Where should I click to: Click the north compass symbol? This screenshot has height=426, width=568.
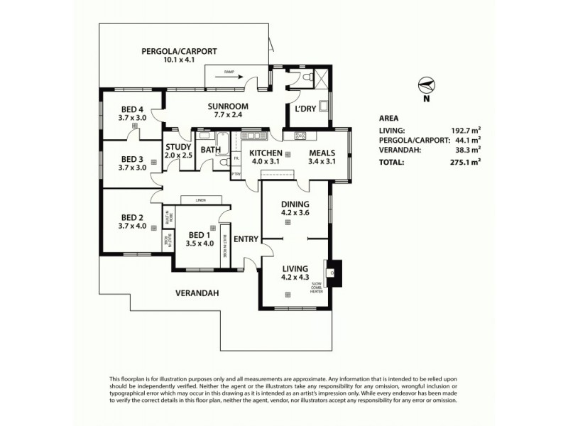point(426,85)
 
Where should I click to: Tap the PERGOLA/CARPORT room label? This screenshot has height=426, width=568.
point(178,51)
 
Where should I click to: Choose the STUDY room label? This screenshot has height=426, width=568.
point(178,148)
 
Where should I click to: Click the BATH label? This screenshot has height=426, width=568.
point(209,150)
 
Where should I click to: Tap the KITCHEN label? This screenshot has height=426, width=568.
point(266,153)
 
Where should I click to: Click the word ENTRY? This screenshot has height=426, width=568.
point(246,239)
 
